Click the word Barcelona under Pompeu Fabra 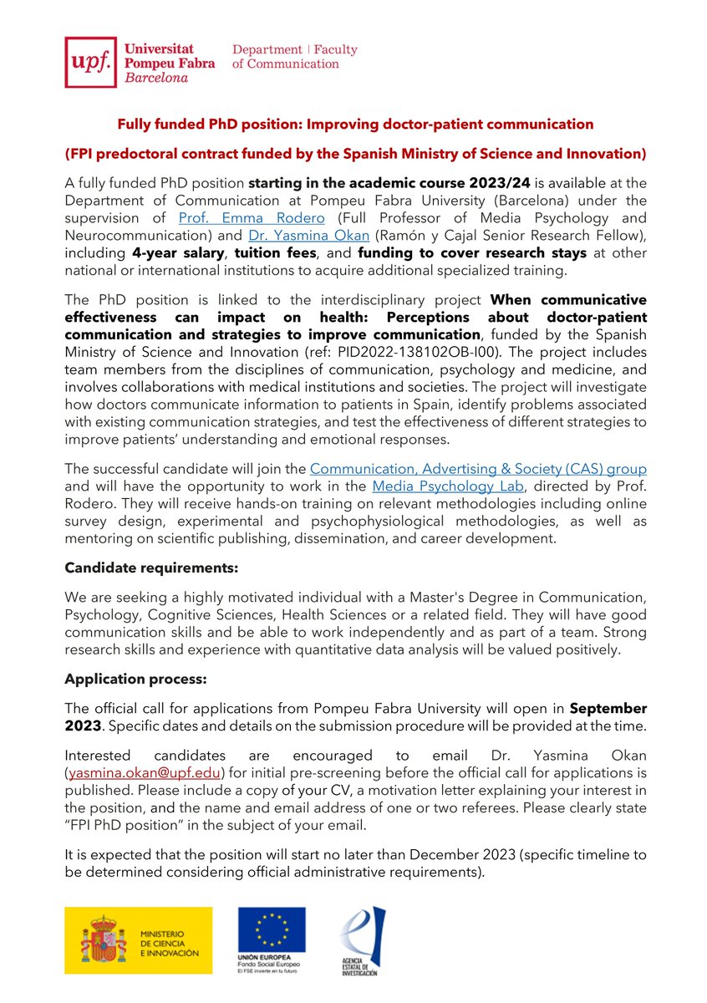click(x=156, y=77)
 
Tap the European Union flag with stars click(x=271, y=930)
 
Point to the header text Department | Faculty click(x=294, y=49)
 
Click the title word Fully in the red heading click(x=135, y=124)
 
